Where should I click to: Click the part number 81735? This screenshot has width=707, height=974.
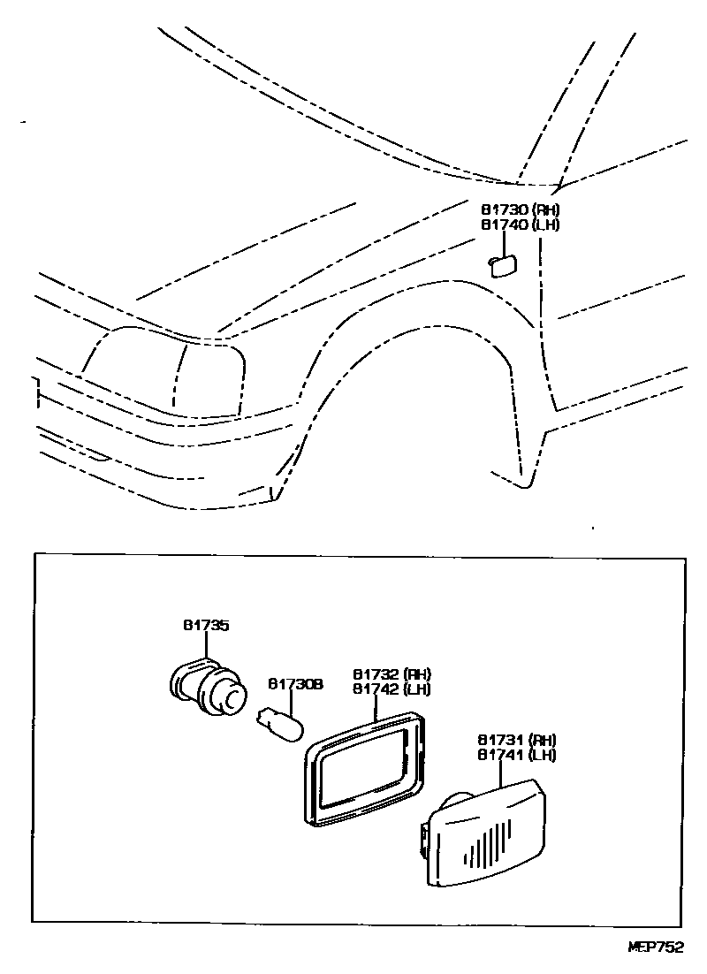pos(206,626)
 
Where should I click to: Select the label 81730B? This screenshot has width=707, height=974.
pos(295,684)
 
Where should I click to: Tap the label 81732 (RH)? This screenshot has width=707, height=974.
pos(392,673)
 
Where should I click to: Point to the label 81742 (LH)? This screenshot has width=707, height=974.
pos(392,689)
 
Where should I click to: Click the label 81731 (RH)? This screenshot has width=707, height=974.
pos(517,740)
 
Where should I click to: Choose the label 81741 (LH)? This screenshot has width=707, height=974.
pos(517,755)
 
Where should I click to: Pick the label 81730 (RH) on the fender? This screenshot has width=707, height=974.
pos(521,209)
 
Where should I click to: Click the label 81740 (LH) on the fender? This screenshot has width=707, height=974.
pos(521,224)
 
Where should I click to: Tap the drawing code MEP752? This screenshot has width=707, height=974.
pos(656,947)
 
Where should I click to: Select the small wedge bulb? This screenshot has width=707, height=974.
pos(279,725)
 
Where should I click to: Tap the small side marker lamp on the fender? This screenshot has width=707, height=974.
pos(503,264)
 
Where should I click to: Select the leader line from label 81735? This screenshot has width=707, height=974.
pos(206,645)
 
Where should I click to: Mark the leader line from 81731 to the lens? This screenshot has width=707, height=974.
pos(501,774)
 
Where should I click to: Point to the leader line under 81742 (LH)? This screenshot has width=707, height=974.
pos(375,707)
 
